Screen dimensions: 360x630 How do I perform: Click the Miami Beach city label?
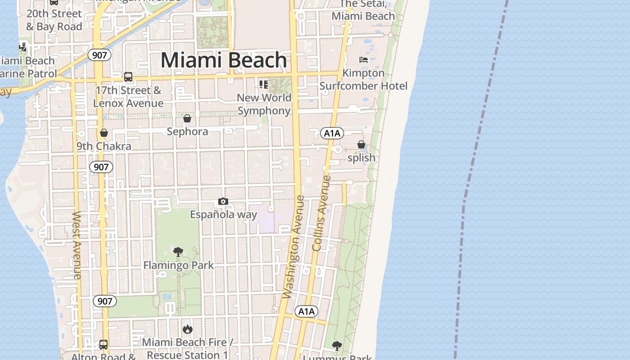point(224,60)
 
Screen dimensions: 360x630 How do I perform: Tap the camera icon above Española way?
point(223,201)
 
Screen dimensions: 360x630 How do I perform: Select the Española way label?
point(223,214)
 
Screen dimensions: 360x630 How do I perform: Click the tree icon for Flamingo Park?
point(178,252)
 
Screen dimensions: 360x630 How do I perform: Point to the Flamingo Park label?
point(178,265)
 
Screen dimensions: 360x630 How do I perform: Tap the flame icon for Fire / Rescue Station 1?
point(188,329)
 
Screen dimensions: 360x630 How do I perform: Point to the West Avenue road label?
point(77,245)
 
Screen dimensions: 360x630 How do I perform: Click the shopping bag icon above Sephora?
point(187,118)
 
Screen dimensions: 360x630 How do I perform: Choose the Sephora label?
point(187,131)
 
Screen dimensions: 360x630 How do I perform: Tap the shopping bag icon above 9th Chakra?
point(104,133)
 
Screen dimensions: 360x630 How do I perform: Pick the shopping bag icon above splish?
point(361,144)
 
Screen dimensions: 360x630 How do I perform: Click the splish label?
point(361,158)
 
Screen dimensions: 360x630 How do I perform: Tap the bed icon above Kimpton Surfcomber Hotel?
point(364,59)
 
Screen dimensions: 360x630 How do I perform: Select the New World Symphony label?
point(264,104)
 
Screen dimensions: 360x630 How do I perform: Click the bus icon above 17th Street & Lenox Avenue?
point(128,77)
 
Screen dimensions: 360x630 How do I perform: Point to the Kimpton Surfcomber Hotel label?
point(363,79)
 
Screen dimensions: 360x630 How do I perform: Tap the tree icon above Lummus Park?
point(337,346)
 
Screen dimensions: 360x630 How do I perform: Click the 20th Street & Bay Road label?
point(54,20)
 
